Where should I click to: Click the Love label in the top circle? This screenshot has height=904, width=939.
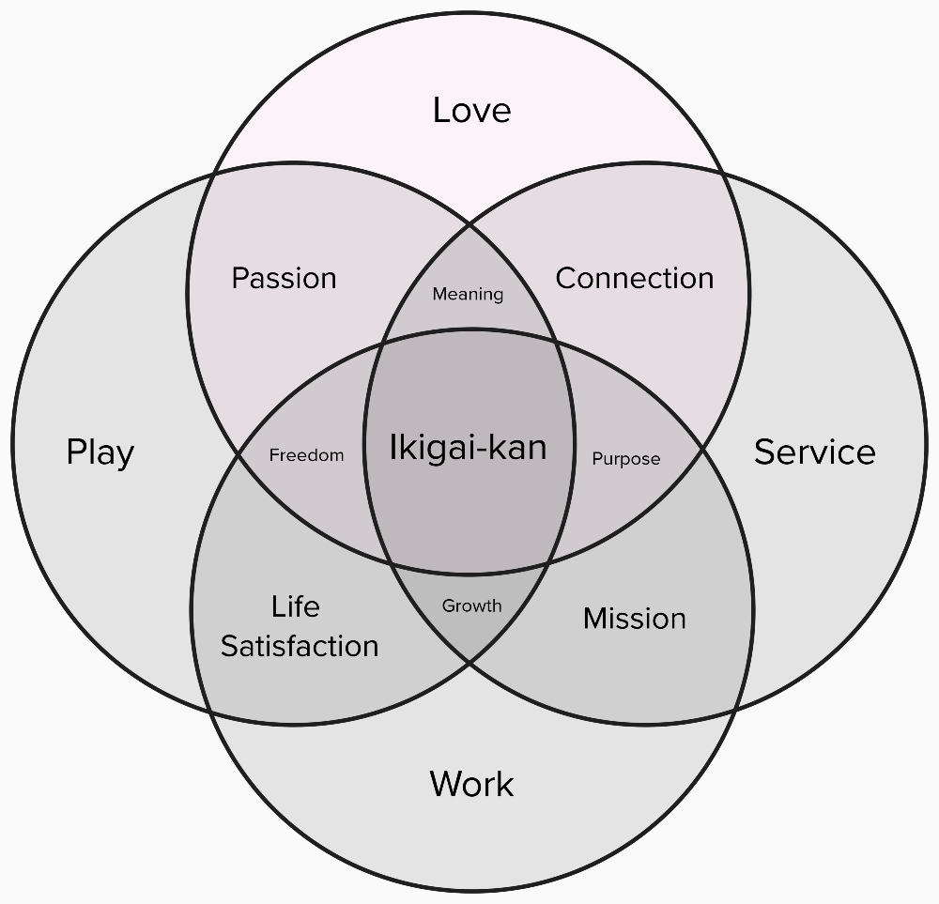pos(471,111)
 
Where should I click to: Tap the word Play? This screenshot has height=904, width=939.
pos(100,452)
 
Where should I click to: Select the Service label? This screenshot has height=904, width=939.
pos(814,452)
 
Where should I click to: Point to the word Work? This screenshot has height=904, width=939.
pos(471,784)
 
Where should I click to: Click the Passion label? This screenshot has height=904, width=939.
pos(284,279)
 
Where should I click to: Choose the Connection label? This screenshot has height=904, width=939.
pos(635,279)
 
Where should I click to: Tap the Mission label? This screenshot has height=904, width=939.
pos(635,619)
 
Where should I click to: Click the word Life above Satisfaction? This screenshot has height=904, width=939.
pos(296,606)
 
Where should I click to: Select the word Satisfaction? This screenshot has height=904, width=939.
pos(300,646)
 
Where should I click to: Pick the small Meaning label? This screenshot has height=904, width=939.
pos(468,295)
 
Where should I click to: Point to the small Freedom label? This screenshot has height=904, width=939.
pos(306,455)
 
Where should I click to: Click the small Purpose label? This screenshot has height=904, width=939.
pos(626,459)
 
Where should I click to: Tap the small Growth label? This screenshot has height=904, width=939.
pos(471,605)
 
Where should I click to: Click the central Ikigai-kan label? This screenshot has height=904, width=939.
pos(468,448)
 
